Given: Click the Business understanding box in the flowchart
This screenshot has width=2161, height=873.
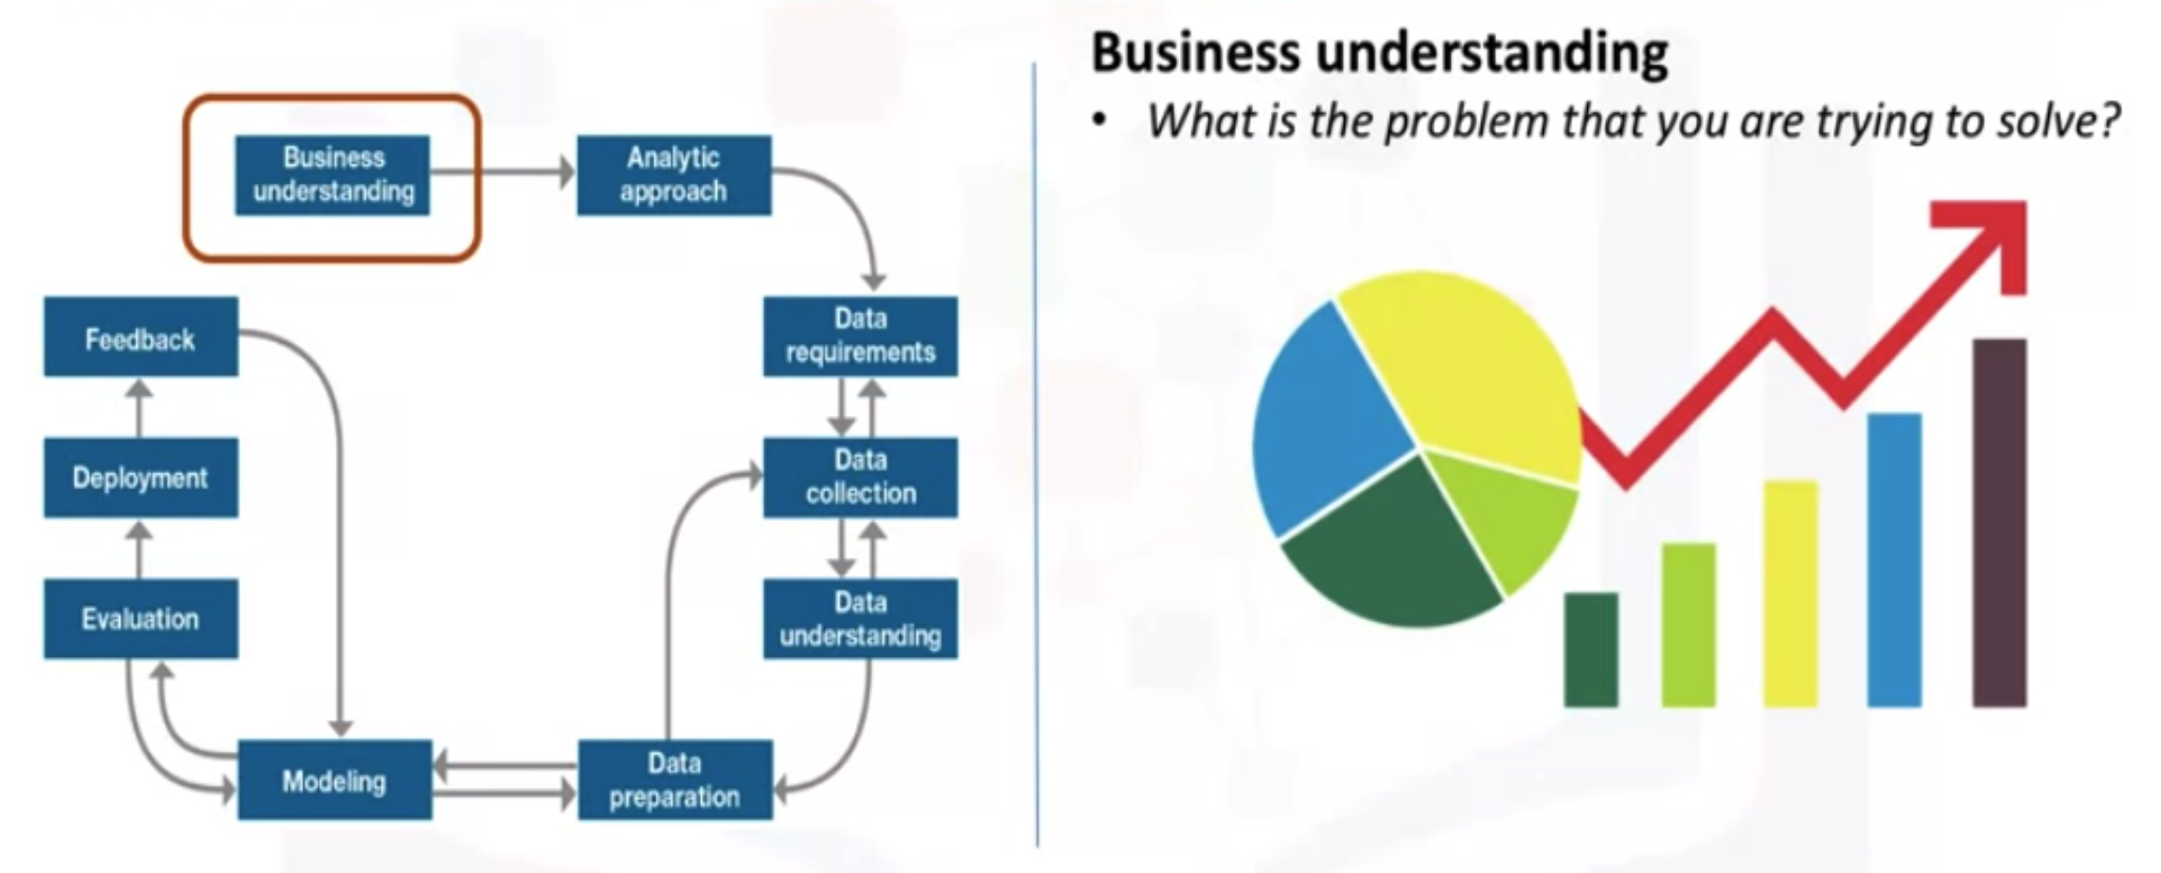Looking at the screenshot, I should point(332,175).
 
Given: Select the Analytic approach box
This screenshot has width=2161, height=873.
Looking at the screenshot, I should point(673,175).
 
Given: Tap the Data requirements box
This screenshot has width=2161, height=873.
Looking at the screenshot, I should point(860,336).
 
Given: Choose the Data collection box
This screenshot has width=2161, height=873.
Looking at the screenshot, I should point(860,476).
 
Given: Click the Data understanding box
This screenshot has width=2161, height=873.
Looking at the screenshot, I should point(860,618).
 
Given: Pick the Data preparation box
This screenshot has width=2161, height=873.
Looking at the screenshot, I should point(674,779).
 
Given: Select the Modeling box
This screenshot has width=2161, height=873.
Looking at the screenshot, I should point(334,780).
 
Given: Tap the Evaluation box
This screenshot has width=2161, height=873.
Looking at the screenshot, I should point(140,618).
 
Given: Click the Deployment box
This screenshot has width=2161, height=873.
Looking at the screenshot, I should point(140,477).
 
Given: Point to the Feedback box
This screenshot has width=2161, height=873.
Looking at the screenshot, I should point(140,337).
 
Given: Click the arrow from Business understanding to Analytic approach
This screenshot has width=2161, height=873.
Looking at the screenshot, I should point(511,172).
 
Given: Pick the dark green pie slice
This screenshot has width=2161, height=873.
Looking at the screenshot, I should point(1392,549).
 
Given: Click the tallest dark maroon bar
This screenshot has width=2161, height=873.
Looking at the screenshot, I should point(1999,521).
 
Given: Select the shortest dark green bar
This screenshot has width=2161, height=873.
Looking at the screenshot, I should point(1591,650).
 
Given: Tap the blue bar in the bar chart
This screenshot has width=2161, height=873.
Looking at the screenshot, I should point(1894,559).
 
